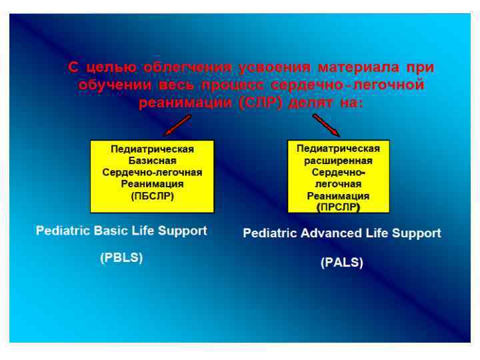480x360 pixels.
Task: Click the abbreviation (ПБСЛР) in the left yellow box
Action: [x=152, y=197]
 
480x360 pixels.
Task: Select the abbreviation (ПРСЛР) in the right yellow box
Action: [x=338, y=208]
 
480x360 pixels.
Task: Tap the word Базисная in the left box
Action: [x=152, y=161]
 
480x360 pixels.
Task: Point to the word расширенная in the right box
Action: [x=338, y=161]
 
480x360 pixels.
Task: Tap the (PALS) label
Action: [x=342, y=263]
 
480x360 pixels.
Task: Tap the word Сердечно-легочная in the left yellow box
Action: [x=152, y=173]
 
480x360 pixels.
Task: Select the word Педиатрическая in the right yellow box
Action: [x=338, y=149]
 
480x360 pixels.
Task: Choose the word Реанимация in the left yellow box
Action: [x=152, y=185]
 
